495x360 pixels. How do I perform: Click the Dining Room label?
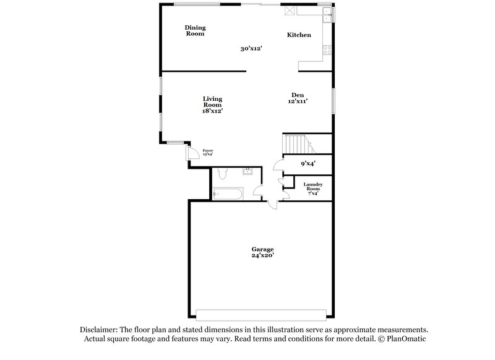[x=195, y=30]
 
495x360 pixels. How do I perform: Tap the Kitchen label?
[x=299, y=35]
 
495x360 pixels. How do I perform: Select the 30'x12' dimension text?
[x=252, y=48]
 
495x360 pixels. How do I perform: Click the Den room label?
[x=298, y=95]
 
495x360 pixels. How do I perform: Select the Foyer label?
[x=208, y=150]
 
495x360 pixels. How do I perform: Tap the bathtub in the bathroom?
[x=226, y=194]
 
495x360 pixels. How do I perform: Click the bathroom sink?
[x=247, y=171]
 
